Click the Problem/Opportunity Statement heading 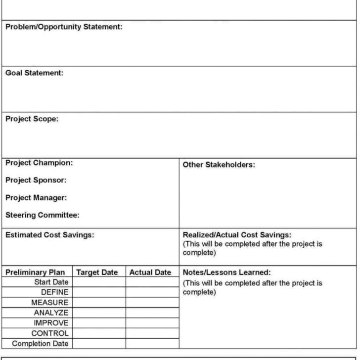pyautogui.click(x=64, y=27)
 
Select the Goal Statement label pyautogui.click(x=34, y=73)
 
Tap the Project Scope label pyautogui.click(x=32, y=119)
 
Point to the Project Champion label pyautogui.click(x=39, y=163)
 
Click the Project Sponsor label pyautogui.click(x=36, y=180)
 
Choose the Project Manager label pyautogui.click(x=36, y=197)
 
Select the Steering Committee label pyautogui.click(x=43, y=215)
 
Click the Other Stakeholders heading pyautogui.click(x=219, y=165)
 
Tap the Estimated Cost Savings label pyautogui.click(x=49, y=235)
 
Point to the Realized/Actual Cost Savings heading pyautogui.click(x=237, y=235)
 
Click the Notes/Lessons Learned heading pyautogui.click(x=226, y=272)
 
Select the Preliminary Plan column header pyautogui.click(x=35, y=272)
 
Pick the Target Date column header pyautogui.click(x=97, y=272)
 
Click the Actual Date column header pyautogui.click(x=150, y=272)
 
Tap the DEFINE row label pyautogui.click(x=54, y=292)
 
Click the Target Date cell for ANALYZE pyautogui.click(x=99, y=313)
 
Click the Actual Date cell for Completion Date pyautogui.click(x=152, y=344)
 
